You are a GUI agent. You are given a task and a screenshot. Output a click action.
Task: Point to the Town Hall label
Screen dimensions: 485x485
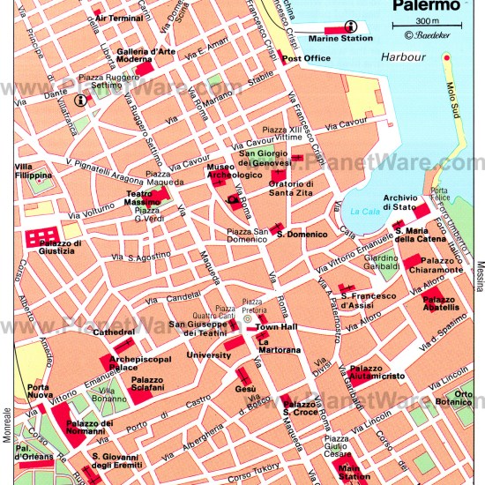coord(274,327)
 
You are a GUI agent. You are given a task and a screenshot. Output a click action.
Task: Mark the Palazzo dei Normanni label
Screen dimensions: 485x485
coord(89,428)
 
